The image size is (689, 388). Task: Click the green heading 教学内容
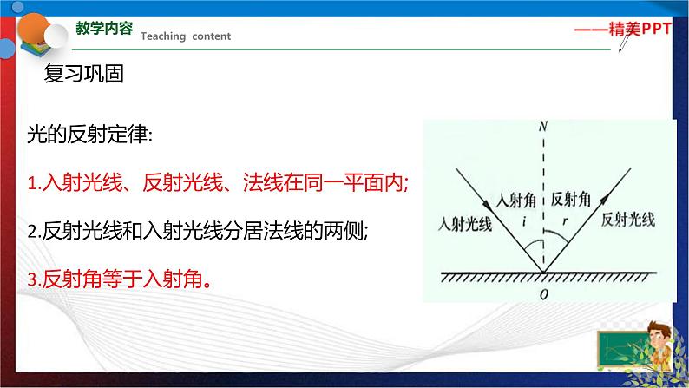[x=104, y=28]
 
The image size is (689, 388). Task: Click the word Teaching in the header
[x=163, y=36]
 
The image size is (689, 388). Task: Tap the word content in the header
[x=212, y=36]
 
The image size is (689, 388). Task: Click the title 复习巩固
[x=83, y=74]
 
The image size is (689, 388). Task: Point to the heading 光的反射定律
[x=89, y=134]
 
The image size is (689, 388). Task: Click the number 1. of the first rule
[x=34, y=182]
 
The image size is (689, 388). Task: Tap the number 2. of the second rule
[x=34, y=231]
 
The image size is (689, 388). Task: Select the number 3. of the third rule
[x=34, y=279]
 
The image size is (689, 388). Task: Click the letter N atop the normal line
[x=543, y=127]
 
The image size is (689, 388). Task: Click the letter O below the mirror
[x=544, y=294]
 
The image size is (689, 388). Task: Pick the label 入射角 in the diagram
[x=515, y=201]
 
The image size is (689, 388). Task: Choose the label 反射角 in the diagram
[x=571, y=199]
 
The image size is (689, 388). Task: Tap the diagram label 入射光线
[x=465, y=224]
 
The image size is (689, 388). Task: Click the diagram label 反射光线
[x=628, y=220]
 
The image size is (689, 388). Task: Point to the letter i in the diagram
[x=524, y=222]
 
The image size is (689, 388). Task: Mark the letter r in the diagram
[x=565, y=222]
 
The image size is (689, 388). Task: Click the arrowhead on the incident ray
[x=488, y=204]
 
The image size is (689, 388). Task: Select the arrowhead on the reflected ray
[x=605, y=199]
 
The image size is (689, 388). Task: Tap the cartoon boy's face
[x=658, y=336]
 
